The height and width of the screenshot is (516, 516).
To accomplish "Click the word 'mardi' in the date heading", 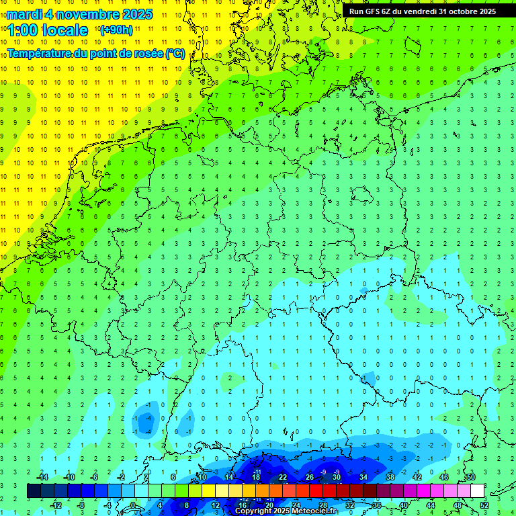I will coord(25,13).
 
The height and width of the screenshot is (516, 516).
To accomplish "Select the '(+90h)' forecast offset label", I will coord(116,30).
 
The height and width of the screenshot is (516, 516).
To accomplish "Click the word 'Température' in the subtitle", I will coord(40,53).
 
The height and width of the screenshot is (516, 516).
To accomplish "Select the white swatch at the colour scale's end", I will coord(477,490).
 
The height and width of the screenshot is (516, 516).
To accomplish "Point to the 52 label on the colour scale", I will coord(484,505).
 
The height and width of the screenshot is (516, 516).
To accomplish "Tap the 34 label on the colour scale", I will coord(363,477).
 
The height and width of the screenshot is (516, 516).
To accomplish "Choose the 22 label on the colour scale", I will coord(283,477).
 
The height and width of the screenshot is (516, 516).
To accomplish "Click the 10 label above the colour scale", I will coord(202,477).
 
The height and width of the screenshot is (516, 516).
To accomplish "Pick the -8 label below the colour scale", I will coord(81,505).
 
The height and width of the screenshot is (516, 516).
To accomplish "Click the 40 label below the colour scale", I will coord(403,505).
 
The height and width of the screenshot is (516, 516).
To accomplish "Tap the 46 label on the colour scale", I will coord(443,477).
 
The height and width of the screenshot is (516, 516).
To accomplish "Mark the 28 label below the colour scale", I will coord(322,505).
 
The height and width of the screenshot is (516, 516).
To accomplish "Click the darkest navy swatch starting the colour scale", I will coord(34,490).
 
